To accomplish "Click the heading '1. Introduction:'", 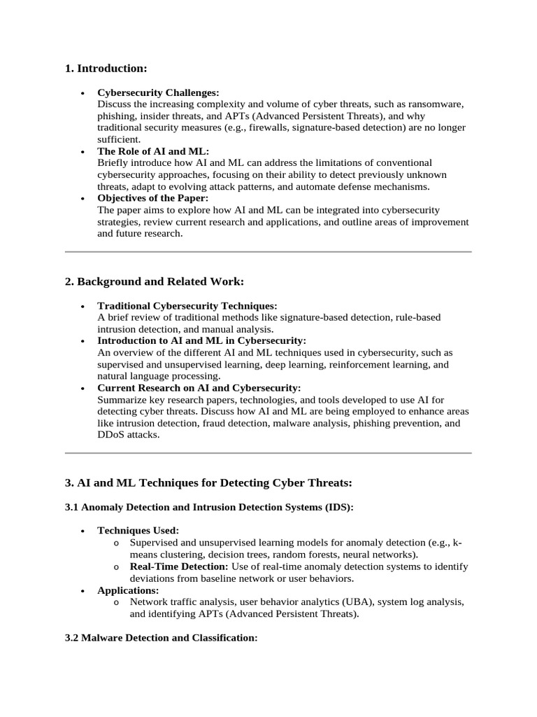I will [x=106, y=69].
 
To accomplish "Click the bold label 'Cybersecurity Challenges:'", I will [x=158, y=92].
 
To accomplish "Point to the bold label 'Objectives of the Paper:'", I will [x=153, y=198].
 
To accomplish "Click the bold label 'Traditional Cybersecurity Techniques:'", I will [x=187, y=306].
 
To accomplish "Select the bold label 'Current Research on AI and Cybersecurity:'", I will [x=199, y=388].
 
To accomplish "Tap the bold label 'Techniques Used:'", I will [x=138, y=531].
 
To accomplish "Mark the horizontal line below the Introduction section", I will [x=268, y=251].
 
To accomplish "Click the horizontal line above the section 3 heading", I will [x=268, y=453].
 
